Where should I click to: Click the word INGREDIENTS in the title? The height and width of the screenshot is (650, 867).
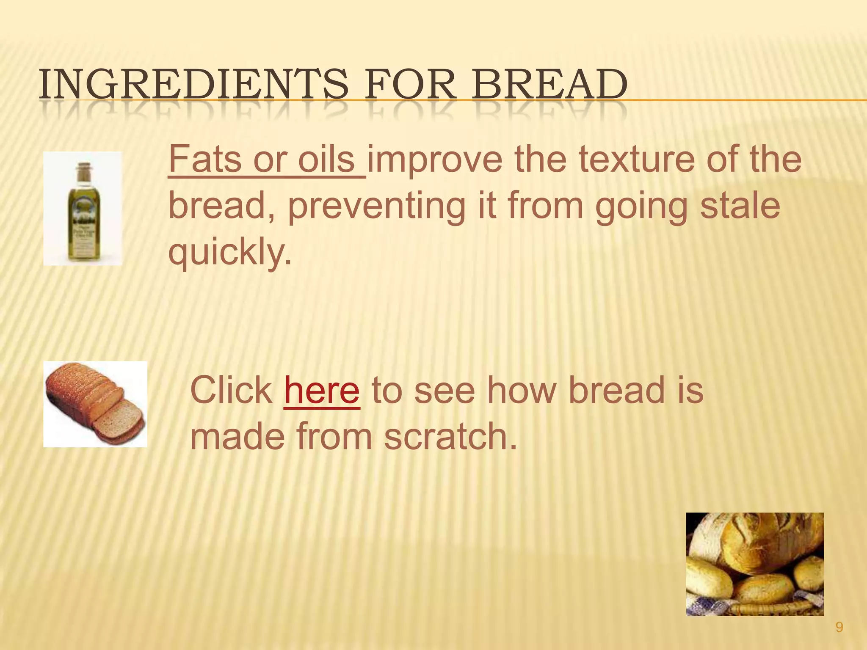(x=193, y=85)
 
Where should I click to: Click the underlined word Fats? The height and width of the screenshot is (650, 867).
(x=205, y=160)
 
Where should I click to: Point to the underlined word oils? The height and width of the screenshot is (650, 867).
(x=326, y=160)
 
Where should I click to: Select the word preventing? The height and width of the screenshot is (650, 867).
(x=376, y=206)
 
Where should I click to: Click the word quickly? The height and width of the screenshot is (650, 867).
(x=230, y=253)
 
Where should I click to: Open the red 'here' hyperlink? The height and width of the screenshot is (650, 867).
(x=322, y=390)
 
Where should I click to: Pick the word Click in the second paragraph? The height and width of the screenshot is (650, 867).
(x=232, y=390)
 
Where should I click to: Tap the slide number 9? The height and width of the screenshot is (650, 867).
(x=839, y=627)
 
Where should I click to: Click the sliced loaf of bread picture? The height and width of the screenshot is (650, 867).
(x=95, y=404)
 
